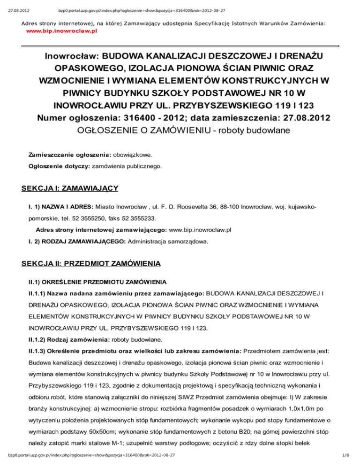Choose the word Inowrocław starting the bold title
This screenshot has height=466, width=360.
70,56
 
